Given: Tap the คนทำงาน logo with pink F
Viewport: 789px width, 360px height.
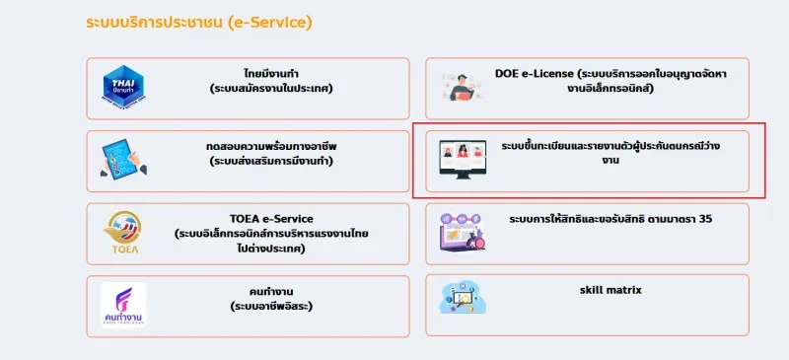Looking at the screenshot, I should coord(124,305).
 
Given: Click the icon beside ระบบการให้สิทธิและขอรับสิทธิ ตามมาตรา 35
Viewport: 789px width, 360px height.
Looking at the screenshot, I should coord(463,233).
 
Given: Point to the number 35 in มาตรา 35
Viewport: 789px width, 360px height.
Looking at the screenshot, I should coord(704,219).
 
